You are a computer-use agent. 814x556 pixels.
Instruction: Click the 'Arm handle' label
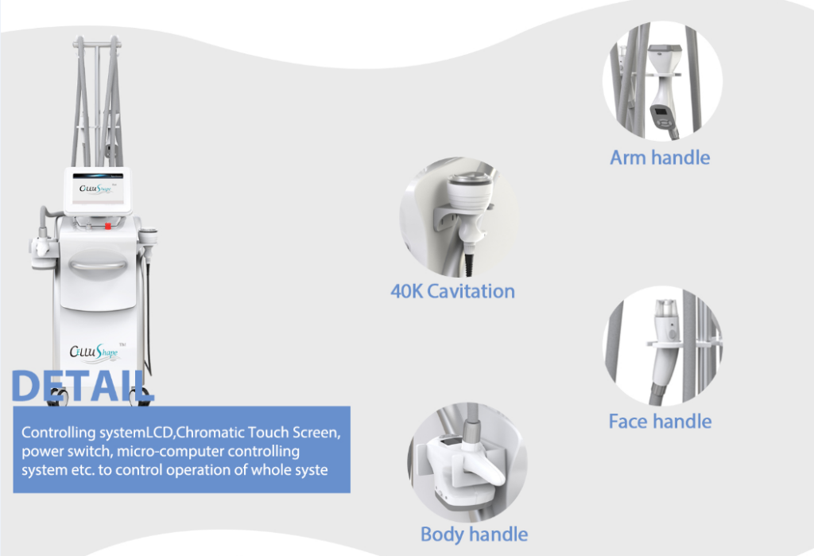(660, 157)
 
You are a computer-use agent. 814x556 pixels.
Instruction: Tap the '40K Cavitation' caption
(452, 291)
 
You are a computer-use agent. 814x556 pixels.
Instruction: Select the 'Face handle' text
(660, 422)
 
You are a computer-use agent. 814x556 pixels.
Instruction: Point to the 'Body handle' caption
(474, 535)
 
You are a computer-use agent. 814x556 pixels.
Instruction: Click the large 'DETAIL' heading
(82, 386)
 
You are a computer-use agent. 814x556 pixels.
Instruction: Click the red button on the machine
(108, 226)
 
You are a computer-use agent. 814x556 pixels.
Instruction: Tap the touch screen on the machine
(98, 190)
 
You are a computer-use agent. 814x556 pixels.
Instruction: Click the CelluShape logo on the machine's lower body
(95, 352)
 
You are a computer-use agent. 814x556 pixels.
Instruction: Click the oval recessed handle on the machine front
(98, 265)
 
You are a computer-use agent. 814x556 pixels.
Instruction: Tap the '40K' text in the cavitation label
(406, 291)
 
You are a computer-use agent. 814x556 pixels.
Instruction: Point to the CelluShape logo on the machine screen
(96, 189)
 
